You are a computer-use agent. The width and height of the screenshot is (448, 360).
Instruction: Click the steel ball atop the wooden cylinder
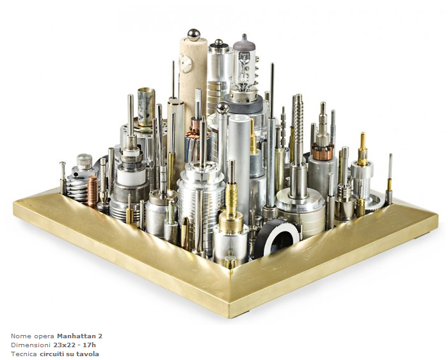[x=194, y=35]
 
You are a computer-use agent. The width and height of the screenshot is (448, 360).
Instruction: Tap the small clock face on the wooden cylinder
[x=185, y=64]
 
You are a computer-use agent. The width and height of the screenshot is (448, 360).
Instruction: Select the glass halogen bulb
[x=244, y=63]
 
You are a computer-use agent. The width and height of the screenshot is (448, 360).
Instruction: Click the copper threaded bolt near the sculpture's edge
[x=93, y=191]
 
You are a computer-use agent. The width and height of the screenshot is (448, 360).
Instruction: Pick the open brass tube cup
[x=147, y=107]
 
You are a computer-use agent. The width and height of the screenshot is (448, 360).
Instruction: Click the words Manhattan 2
[x=80, y=336]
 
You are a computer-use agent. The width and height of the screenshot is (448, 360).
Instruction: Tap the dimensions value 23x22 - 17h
[x=75, y=345]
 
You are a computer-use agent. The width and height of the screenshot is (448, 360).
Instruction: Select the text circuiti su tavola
[x=69, y=354]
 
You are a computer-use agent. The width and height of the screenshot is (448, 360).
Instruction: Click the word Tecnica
[x=24, y=354]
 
